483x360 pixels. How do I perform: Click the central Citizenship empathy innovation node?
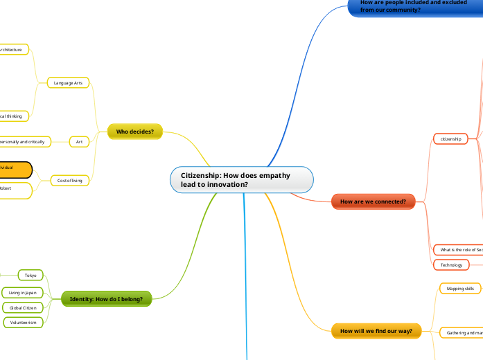coord(241,180)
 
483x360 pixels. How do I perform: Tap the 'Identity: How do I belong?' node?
coord(106,299)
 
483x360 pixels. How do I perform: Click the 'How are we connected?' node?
coord(373,201)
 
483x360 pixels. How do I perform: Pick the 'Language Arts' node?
coord(68,83)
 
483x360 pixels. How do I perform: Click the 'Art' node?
coord(79,141)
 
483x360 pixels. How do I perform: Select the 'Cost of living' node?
coord(70,181)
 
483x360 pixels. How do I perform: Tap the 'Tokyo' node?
coord(30,276)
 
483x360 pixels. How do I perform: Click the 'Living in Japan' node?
coord(23,292)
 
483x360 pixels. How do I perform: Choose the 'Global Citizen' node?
coord(23,307)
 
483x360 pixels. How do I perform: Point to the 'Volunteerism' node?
coord(23,322)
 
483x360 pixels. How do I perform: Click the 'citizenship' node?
coord(450,139)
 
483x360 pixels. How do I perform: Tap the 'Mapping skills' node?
coord(460,288)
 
